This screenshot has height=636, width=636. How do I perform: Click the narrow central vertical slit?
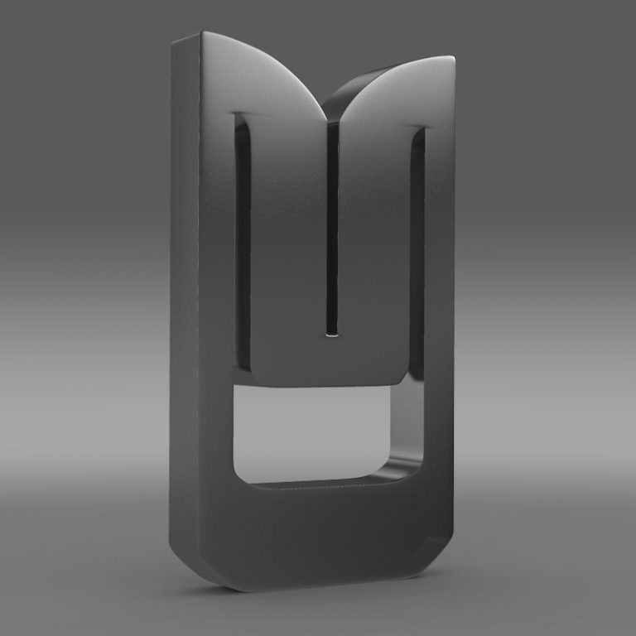coord(332,224)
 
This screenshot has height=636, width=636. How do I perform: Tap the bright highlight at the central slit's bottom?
coord(333,335)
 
